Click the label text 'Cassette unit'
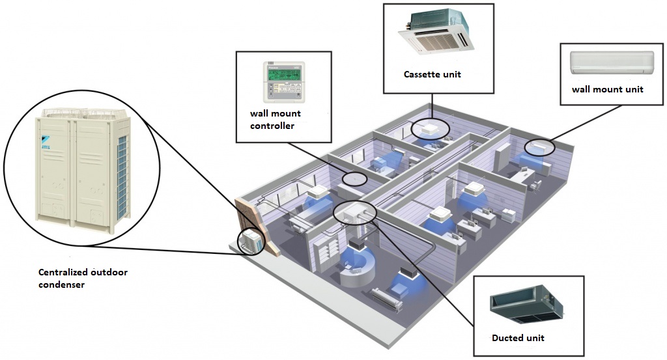click(432, 74)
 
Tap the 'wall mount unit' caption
click(607, 89)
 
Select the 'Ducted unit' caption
click(518, 338)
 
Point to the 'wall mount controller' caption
click(276, 119)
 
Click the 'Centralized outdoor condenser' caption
click(82, 278)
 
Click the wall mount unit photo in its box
click(612, 63)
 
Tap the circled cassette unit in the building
click(429, 128)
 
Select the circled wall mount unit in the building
click(539, 147)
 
